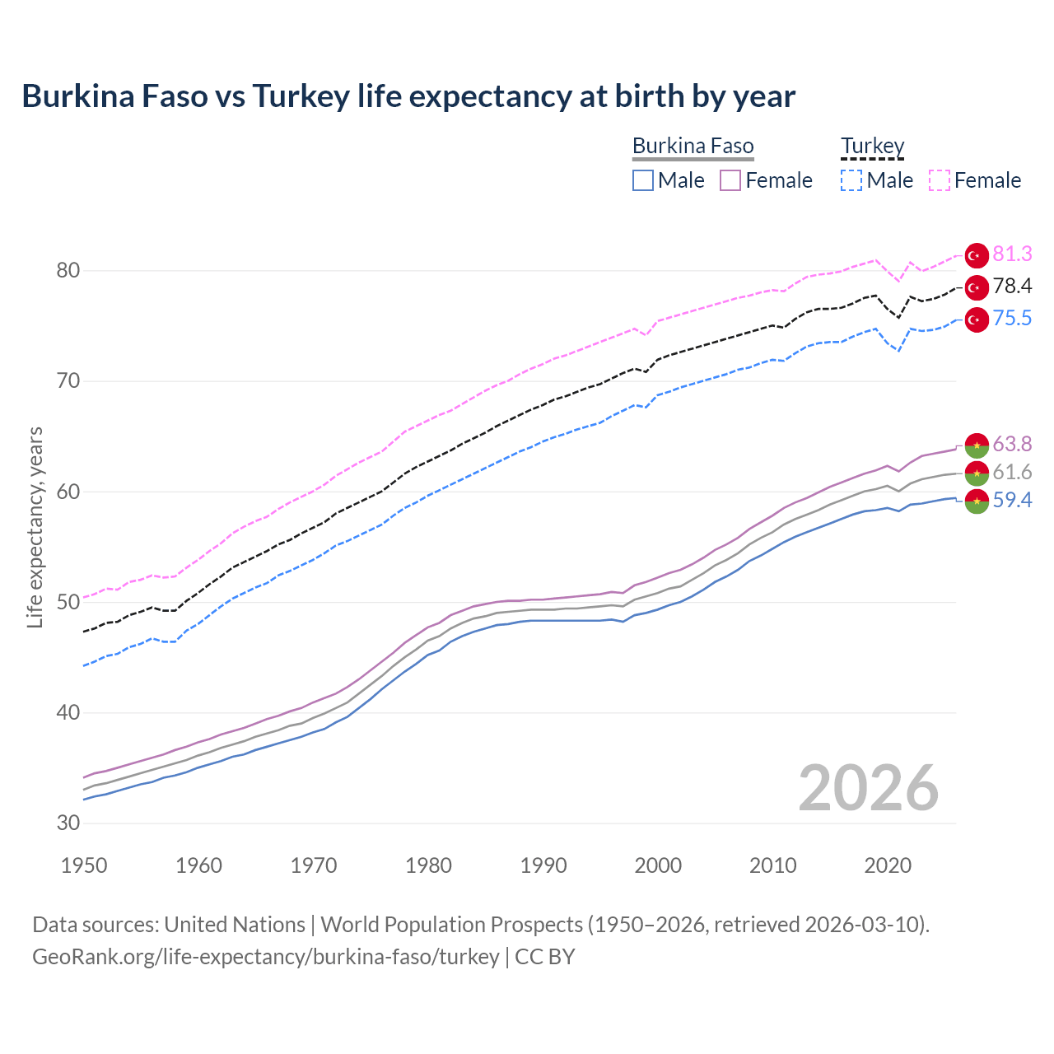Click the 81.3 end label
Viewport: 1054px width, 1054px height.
tap(1012, 254)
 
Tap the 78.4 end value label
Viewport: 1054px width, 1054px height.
tap(1012, 287)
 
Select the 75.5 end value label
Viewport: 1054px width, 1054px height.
tap(1012, 319)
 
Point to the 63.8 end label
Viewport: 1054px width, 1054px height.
tap(1012, 445)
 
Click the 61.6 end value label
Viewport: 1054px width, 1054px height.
tap(1012, 473)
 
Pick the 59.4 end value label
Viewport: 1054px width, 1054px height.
tap(1012, 501)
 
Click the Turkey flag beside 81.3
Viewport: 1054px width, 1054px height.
tap(977, 255)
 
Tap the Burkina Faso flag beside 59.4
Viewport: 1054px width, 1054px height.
tap(977, 501)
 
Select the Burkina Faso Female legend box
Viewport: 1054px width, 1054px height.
tap(730, 180)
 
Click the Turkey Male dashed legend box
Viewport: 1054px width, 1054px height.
tap(851, 180)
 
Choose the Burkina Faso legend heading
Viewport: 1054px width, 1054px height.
tap(693, 147)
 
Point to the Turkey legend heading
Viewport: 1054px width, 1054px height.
tap(872, 147)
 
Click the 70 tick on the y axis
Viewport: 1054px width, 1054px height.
tap(68, 381)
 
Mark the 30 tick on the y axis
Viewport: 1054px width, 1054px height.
tap(68, 823)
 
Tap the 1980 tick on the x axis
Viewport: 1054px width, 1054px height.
tap(428, 865)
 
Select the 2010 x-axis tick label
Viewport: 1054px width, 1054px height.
tap(772, 865)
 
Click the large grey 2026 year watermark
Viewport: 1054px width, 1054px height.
tap(868, 788)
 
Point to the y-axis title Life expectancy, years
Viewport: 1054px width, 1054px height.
tap(35, 527)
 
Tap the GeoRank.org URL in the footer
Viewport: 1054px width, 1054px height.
tap(266, 957)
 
